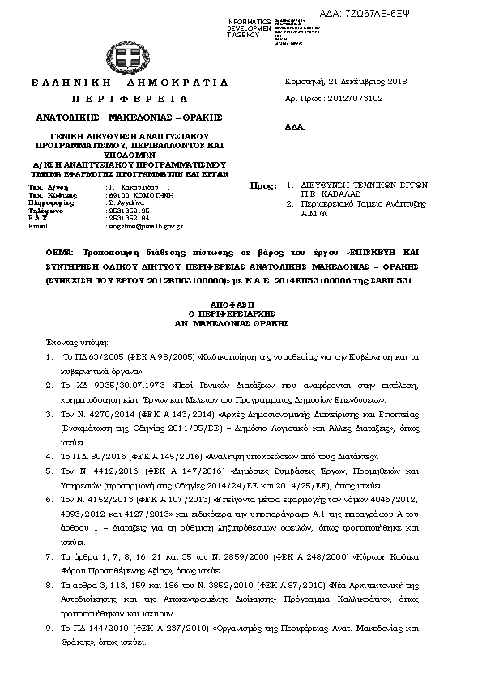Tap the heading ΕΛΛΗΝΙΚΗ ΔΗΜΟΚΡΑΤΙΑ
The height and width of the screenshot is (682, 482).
130,83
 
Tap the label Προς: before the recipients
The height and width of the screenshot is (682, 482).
264,186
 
